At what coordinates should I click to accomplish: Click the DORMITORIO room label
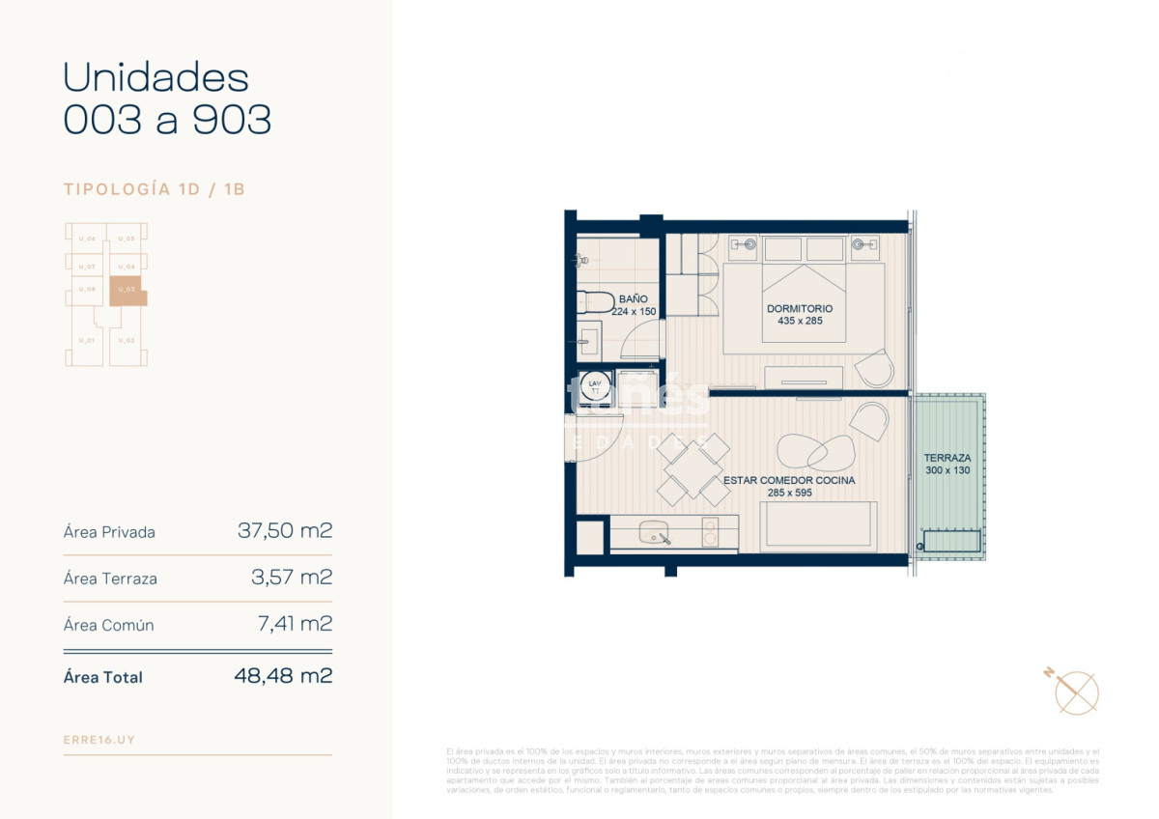[799, 309]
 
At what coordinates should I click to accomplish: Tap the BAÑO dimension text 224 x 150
[634, 312]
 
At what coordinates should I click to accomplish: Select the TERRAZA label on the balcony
[947, 458]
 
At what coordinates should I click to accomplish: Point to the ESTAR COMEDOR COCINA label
[788, 480]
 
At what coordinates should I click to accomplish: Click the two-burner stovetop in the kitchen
[710, 533]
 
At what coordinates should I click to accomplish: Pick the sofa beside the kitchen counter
[818, 527]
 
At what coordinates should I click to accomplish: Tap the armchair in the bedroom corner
[875, 368]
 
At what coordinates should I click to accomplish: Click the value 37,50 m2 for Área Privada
[285, 531]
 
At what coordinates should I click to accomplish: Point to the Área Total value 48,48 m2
[283, 676]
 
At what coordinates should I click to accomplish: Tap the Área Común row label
[108, 625]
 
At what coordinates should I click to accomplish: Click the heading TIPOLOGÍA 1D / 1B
[155, 189]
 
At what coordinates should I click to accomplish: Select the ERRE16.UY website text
[99, 740]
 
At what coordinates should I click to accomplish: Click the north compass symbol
[1075, 691]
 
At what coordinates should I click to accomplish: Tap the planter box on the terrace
[951, 542]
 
